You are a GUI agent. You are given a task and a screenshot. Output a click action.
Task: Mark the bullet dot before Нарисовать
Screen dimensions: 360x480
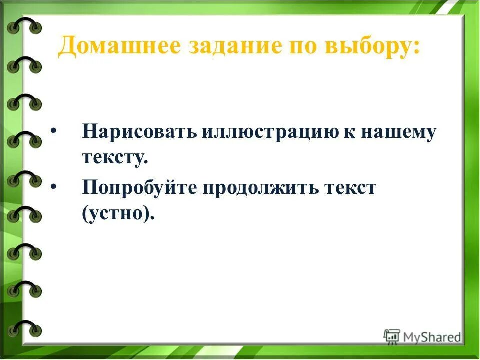coord(54,131)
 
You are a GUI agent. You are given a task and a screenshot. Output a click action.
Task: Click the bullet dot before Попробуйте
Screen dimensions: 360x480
coord(54,186)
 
